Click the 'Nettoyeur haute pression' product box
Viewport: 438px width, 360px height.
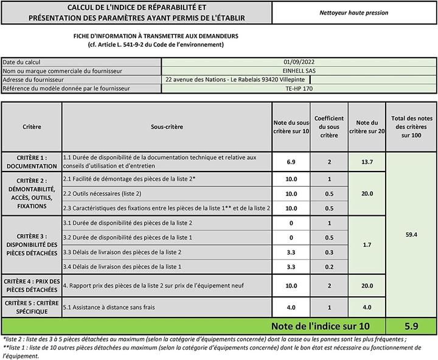[353, 12]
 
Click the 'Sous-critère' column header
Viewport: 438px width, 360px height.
[167, 127]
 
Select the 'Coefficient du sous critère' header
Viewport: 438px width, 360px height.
[329, 126]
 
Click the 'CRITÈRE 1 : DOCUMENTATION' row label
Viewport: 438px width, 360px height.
[32, 161]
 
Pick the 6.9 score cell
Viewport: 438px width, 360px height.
[290, 162]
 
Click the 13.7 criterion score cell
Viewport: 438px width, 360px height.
[367, 162]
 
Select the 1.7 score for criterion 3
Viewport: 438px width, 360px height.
[367, 244]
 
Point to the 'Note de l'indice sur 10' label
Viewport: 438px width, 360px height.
[319, 327]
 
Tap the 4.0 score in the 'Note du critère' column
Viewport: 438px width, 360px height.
[367, 307]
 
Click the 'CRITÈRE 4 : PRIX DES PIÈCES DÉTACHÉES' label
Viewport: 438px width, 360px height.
[32, 286]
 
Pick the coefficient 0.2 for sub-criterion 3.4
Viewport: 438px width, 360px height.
[329, 266]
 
